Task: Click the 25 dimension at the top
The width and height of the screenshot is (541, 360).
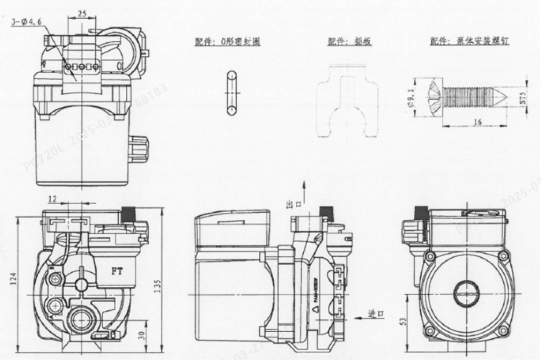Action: pos(83,13)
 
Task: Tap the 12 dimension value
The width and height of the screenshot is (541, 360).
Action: pos(53,199)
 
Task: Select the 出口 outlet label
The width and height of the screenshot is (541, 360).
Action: pos(292,205)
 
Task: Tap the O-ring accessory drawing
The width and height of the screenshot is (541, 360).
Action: pos(231,93)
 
